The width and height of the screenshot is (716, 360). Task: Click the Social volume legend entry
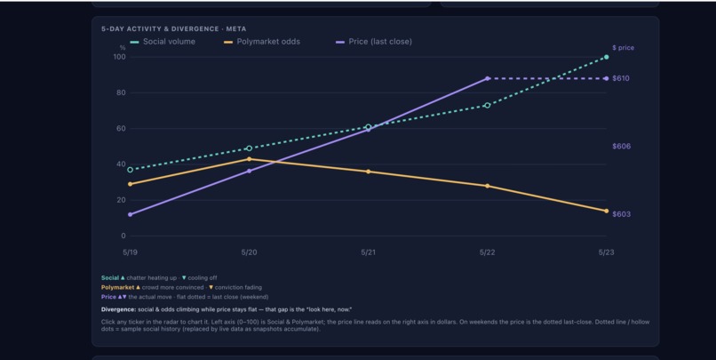pos(163,42)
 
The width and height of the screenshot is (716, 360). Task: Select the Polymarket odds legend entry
pos(262,42)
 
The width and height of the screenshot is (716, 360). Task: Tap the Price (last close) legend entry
pos(374,42)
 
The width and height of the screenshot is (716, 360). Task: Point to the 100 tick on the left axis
pos(120,57)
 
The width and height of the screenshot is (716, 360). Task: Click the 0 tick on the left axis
pos(123,236)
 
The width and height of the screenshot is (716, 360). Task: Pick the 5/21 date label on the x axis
pos(368,252)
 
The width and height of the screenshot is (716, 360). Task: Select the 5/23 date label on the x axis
pos(607,252)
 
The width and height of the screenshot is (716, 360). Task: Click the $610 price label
pos(621,78)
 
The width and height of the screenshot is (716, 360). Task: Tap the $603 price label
pos(622,214)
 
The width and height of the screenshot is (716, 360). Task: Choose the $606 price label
pos(622,146)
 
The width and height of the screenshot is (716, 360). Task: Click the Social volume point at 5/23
pos(607,57)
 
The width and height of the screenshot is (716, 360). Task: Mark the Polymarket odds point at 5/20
pos(249,159)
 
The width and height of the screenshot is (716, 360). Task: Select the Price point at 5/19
pos(130,214)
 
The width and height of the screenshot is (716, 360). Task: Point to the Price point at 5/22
pos(488,78)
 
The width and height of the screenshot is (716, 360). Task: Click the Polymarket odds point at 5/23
pos(607,211)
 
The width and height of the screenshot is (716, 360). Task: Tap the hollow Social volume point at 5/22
pos(488,106)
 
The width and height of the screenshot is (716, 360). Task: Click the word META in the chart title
pos(236,28)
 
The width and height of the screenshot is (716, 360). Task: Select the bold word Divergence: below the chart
pos(118,309)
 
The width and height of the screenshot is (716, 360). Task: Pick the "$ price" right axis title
pos(624,47)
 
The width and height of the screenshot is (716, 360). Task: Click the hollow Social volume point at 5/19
pos(130,170)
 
